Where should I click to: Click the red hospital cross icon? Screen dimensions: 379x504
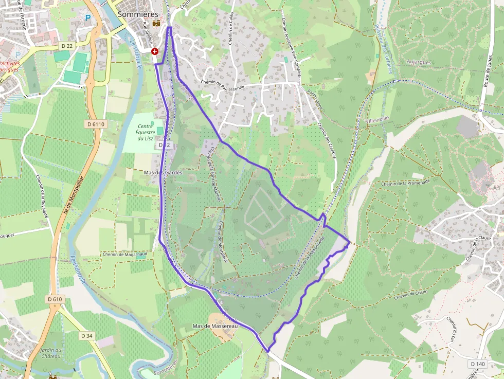coord(155,51)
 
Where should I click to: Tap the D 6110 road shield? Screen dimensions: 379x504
coord(96,124)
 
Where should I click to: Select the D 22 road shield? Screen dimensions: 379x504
coord(67,46)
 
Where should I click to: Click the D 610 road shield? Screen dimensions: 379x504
coord(55,299)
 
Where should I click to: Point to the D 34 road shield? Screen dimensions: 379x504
coord(87,336)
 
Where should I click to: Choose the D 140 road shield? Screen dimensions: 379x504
coord(477,364)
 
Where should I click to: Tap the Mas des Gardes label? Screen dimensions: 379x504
coord(163,173)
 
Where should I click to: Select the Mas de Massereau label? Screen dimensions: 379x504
coord(213,326)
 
